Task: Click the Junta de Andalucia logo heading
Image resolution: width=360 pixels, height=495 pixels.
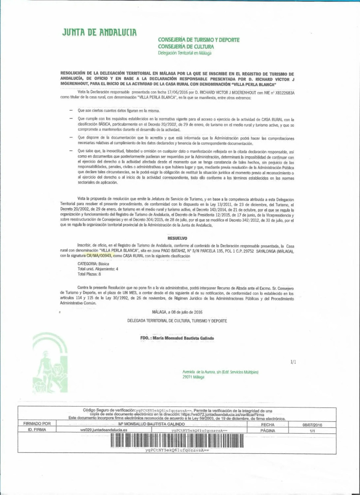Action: (99, 33)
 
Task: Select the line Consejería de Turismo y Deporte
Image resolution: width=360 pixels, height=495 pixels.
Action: (198, 40)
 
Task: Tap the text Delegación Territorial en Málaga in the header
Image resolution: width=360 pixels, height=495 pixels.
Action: (185, 53)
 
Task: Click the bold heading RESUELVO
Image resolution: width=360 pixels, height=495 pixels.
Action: (177, 238)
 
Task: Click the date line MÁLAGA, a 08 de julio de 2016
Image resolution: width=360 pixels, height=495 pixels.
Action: (177, 312)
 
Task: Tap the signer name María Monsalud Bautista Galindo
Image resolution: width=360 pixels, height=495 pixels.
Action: (177, 338)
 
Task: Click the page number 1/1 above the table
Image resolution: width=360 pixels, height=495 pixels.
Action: (293, 362)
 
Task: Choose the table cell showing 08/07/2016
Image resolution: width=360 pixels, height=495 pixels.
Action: (313, 425)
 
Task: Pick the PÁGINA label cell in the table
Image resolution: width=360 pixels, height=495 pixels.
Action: (267, 430)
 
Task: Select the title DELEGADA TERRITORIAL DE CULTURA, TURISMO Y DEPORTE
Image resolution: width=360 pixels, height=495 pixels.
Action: (177, 321)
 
